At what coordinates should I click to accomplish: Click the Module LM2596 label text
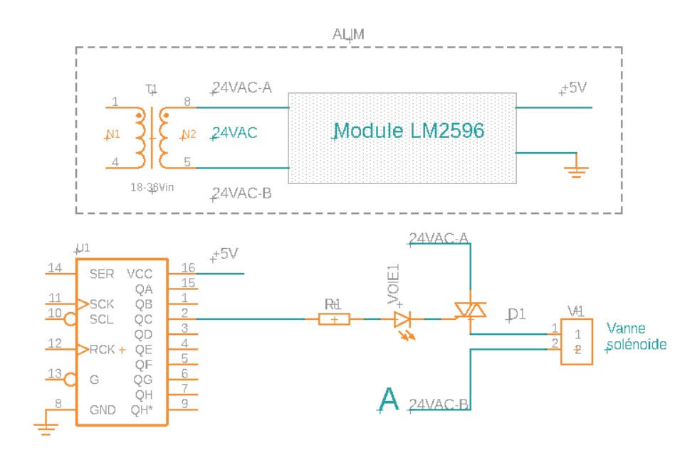pyautogui.click(x=409, y=131)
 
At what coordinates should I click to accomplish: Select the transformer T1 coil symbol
pyautogui.click(x=151, y=138)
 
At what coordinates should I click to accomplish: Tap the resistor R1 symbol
pyautogui.click(x=333, y=319)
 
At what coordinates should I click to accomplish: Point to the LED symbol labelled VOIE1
pyautogui.click(x=403, y=319)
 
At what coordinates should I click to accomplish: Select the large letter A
pyautogui.click(x=388, y=400)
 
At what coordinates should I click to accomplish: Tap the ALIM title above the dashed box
pyautogui.click(x=349, y=35)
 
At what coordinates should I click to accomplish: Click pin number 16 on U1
pyautogui.click(x=187, y=267)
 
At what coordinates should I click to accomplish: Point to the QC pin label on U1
pyautogui.click(x=143, y=319)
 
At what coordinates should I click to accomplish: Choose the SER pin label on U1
pyautogui.click(x=103, y=273)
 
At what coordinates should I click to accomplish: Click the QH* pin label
pyautogui.click(x=142, y=410)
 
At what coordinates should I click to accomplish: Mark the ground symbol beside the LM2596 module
pyautogui.click(x=575, y=170)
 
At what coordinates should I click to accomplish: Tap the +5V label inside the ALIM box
pyautogui.click(x=576, y=88)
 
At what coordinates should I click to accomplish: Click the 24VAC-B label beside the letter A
pyautogui.click(x=439, y=405)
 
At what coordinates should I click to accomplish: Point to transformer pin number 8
pyautogui.click(x=187, y=102)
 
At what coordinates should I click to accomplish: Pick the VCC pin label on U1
pyautogui.click(x=140, y=273)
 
